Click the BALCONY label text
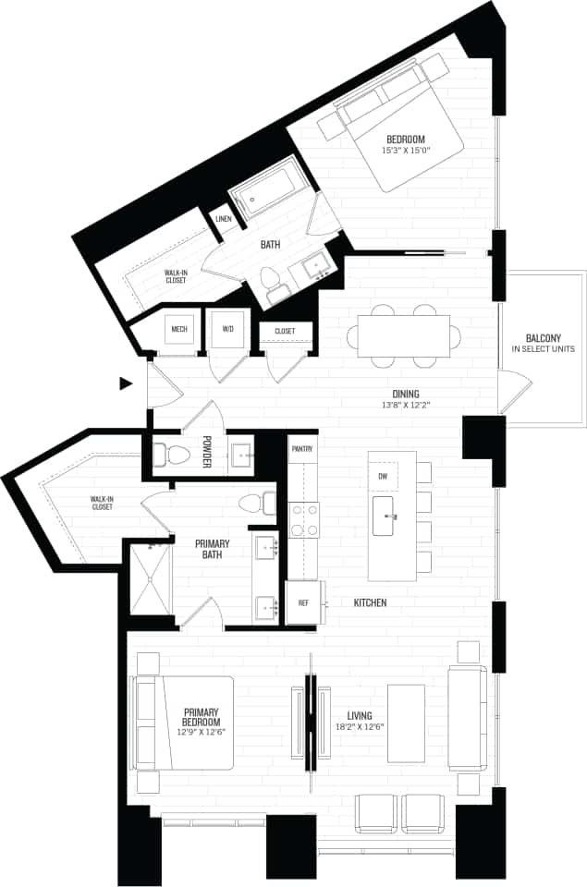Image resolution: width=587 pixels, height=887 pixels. (543, 338)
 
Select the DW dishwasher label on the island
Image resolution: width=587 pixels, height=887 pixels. (383, 476)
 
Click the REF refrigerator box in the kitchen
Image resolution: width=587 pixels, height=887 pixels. (303, 602)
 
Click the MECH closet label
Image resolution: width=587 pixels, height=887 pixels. (179, 328)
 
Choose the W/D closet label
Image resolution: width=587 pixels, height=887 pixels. (227, 328)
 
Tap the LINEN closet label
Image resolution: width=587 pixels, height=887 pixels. (223, 219)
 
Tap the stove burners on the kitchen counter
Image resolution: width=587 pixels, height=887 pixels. (302, 520)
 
